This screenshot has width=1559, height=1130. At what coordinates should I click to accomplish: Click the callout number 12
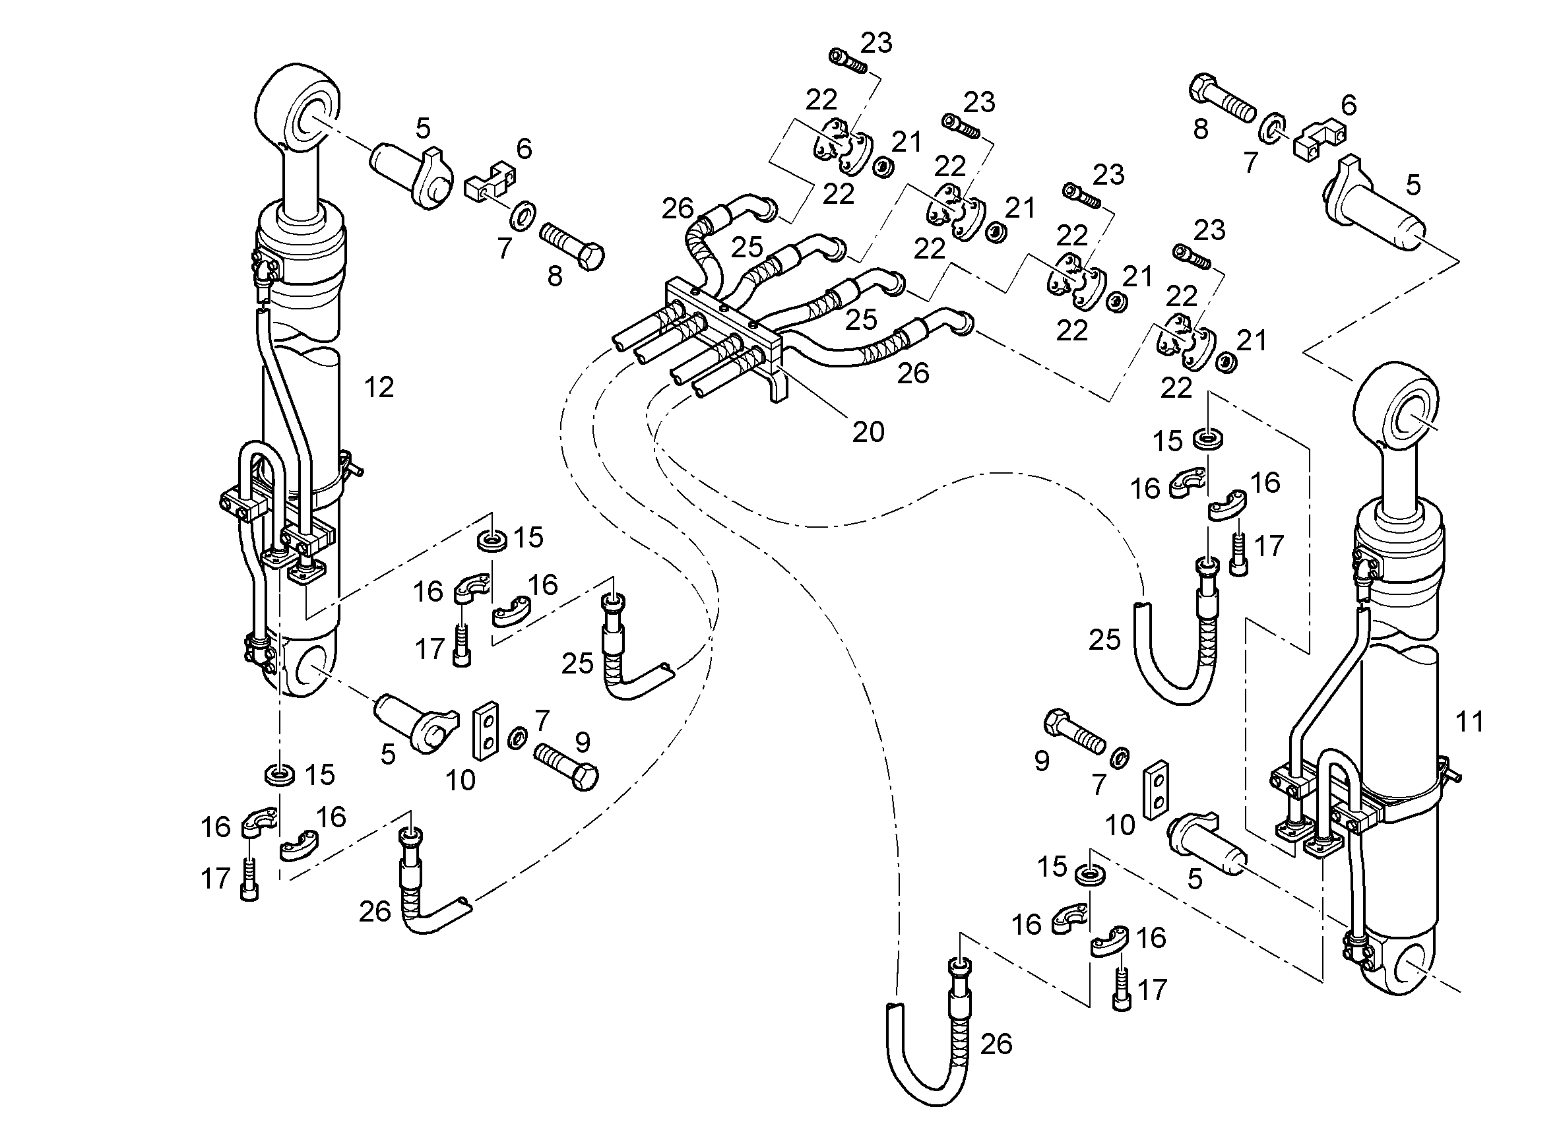coord(379,388)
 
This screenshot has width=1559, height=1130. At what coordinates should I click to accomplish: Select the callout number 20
coord(868,431)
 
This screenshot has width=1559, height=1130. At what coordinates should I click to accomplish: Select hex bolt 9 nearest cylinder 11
coord(1074,732)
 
